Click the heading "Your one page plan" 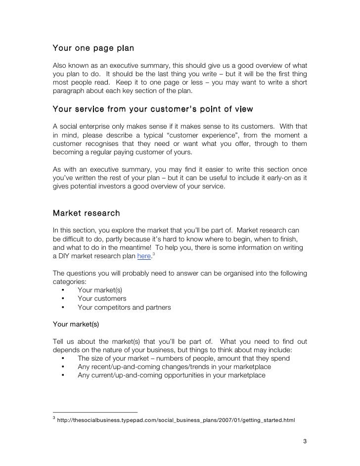pos(93,49)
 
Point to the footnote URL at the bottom pos(176,420)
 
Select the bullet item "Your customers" pos(102,298)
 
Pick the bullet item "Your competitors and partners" pos(124,307)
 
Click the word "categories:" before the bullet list pos(69,281)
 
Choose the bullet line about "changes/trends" pos(174,367)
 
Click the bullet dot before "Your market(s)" pos(63,290)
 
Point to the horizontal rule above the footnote pos(95,412)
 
